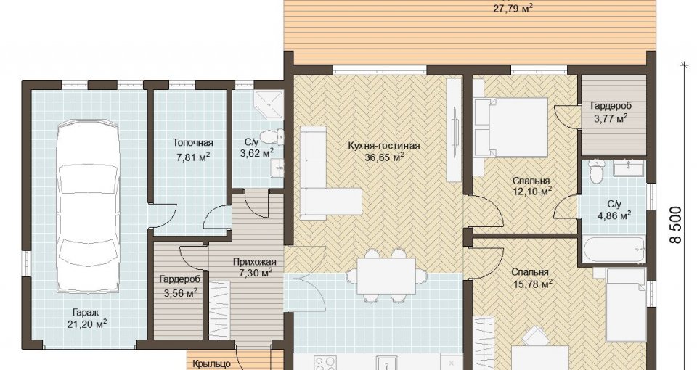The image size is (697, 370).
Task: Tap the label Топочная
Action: point(193,143)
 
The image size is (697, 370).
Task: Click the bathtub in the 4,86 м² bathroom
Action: point(614,251)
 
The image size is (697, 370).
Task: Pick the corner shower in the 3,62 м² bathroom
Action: point(269,104)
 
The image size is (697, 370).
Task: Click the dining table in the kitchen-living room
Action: point(386,276)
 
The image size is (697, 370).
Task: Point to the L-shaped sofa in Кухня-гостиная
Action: point(325,173)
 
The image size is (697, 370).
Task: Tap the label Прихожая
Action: point(255,262)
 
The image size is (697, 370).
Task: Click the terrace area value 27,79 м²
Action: point(513,7)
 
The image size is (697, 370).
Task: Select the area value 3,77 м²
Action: point(611,118)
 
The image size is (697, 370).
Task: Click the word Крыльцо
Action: point(211,364)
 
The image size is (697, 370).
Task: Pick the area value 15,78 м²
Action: point(531,284)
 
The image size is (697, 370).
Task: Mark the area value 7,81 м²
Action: point(193,157)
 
